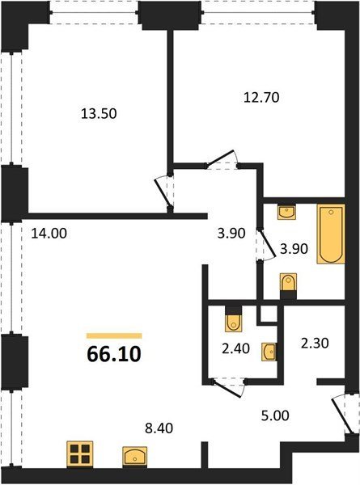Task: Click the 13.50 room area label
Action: tap(99, 113)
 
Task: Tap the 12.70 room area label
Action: tap(261, 98)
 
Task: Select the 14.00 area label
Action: tap(49, 234)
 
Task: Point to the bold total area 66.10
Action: tap(114, 354)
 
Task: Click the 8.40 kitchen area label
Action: tap(159, 428)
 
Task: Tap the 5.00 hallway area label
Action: tap(275, 415)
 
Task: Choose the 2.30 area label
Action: tap(315, 343)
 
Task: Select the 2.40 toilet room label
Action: tap(236, 348)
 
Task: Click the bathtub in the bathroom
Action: tap(331, 234)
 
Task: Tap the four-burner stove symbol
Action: tap(80, 454)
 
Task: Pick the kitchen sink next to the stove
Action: tap(134, 456)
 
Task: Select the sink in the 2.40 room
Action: tap(269, 352)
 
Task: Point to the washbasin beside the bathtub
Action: tap(287, 212)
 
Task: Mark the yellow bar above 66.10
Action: tap(114, 336)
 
